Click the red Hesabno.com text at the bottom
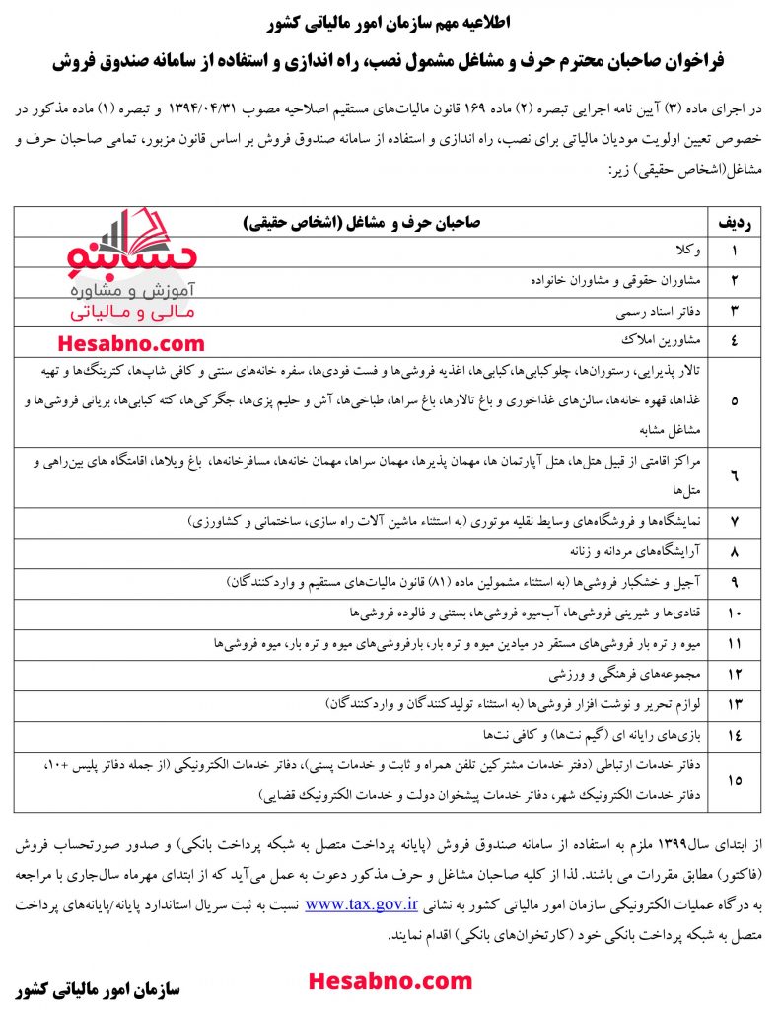tap(390, 981)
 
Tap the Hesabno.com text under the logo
tap(131, 344)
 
